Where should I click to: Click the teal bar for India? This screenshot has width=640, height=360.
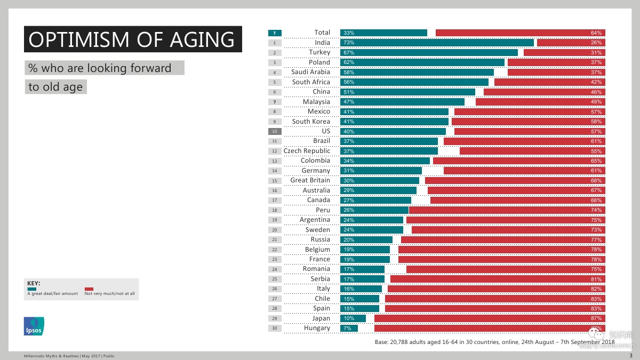pos(437,43)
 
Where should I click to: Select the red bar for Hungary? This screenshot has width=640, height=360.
pos(490,329)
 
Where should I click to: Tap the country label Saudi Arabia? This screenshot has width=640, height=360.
pos(310,72)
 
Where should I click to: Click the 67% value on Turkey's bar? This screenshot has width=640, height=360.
pos(349,53)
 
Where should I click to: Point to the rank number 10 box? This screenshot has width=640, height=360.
pos(275,131)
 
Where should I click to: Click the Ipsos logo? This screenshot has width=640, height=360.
pos(34,326)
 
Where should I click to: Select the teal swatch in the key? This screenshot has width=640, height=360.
pos(31,289)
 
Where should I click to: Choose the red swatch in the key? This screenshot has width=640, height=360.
pos(89,289)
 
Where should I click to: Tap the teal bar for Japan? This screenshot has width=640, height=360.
pos(353,318)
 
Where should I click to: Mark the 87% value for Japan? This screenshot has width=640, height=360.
pos(596,318)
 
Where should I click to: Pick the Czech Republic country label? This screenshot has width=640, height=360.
pos(307,151)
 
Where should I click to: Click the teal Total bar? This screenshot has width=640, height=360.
pos(383,33)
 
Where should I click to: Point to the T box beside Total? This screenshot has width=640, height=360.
pos(275,33)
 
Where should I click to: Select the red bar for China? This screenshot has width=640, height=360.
pos(544,92)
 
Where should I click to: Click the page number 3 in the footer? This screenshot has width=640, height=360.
pos(631,356)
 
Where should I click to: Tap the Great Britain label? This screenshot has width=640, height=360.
pos(310,180)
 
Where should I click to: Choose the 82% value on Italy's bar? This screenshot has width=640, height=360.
pos(596,289)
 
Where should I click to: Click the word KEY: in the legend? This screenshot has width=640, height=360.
pos(34,283)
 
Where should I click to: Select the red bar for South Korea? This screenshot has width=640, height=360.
pos(528,122)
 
